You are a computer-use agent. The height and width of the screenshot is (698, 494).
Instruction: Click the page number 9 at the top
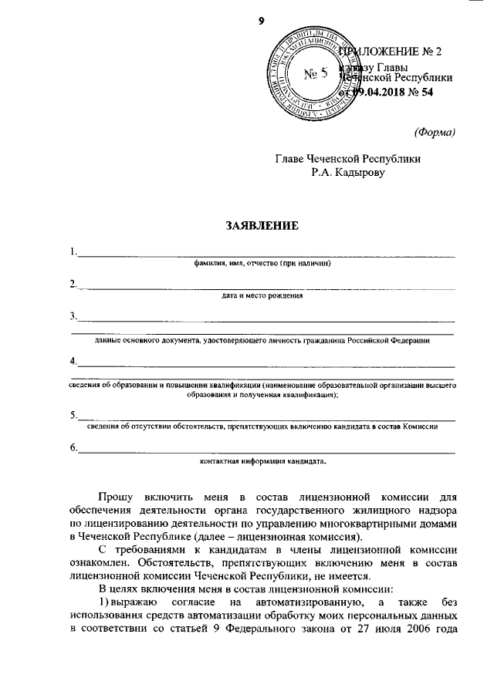tap(262, 21)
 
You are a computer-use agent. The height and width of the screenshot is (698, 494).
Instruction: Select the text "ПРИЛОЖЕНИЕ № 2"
tap(394, 52)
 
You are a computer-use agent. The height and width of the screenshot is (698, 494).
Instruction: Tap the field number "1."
tap(73, 251)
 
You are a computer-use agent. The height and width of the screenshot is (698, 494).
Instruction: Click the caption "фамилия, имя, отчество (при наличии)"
tap(262, 263)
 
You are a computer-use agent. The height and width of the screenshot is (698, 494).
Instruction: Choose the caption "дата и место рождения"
tap(262, 295)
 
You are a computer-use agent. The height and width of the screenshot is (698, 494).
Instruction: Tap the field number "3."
tap(73, 316)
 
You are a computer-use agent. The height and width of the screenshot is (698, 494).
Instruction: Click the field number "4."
tap(73, 361)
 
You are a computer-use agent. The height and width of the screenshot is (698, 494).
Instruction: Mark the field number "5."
tap(73, 415)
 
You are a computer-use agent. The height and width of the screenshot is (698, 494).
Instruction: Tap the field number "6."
tap(73, 448)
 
